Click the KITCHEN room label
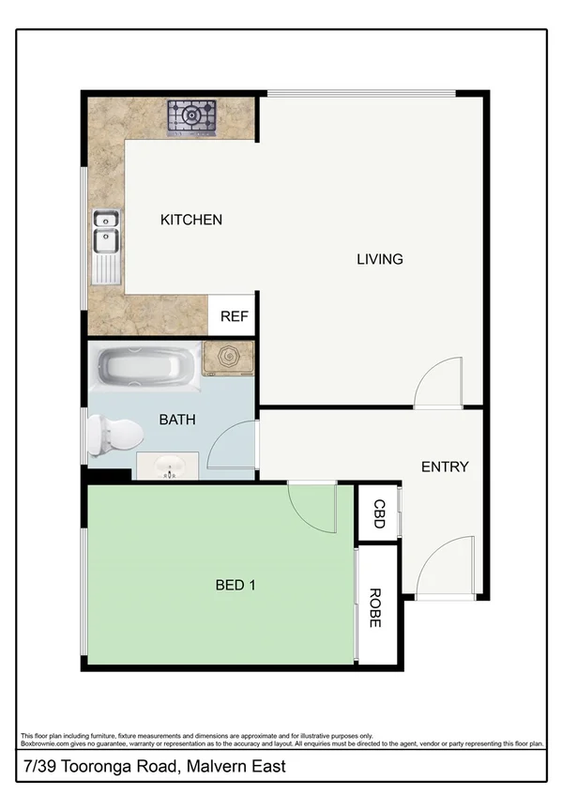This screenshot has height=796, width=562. click(191, 220)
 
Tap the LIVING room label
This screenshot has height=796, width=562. click(379, 259)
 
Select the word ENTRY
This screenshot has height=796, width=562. click(444, 467)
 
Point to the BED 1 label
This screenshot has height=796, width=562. click(235, 585)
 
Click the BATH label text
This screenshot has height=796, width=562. click(176, 420)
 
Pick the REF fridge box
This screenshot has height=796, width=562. click(234, 316)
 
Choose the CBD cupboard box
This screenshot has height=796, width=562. click(378, 514)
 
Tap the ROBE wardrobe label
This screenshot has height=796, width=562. click(375, 607)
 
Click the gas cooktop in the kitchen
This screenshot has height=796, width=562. click(191, 117)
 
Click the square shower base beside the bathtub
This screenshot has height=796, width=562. click(228, 359)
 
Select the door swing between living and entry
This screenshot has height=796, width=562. click(433, 386)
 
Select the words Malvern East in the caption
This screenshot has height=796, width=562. click(239, 767)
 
